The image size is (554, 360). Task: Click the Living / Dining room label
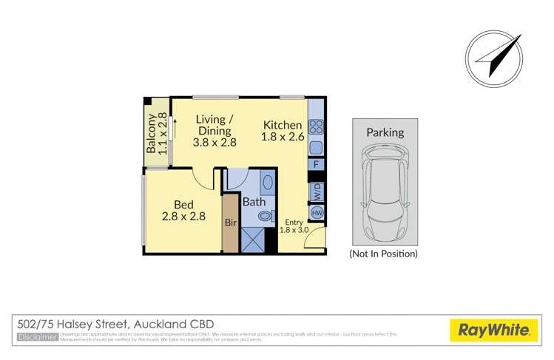click(215, 131)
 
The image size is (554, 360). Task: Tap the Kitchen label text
click(282, 131)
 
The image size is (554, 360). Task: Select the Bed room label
click(183, 211)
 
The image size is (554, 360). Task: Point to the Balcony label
click(156, 136)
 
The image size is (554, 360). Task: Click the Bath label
click(255, 200)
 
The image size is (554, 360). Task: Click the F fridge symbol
click(316, 164)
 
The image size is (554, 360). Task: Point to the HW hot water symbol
click(316, 214)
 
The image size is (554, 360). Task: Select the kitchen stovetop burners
click(315, 125)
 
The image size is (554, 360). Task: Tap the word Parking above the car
click(385, 133)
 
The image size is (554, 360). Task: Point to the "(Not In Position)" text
click(383, 254)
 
